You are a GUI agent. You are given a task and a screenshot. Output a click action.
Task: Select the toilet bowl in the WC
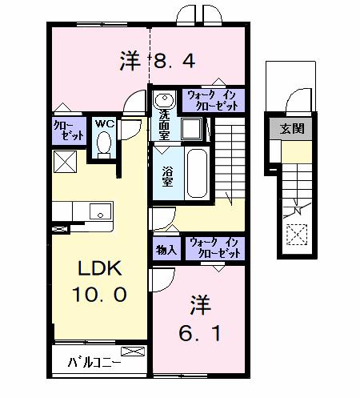point(103,144)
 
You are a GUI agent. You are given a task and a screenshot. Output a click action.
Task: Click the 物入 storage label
point(166,249)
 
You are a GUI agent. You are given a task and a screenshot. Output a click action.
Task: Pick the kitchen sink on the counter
point(100,211)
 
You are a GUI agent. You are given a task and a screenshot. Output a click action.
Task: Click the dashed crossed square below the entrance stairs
point(297,235)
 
